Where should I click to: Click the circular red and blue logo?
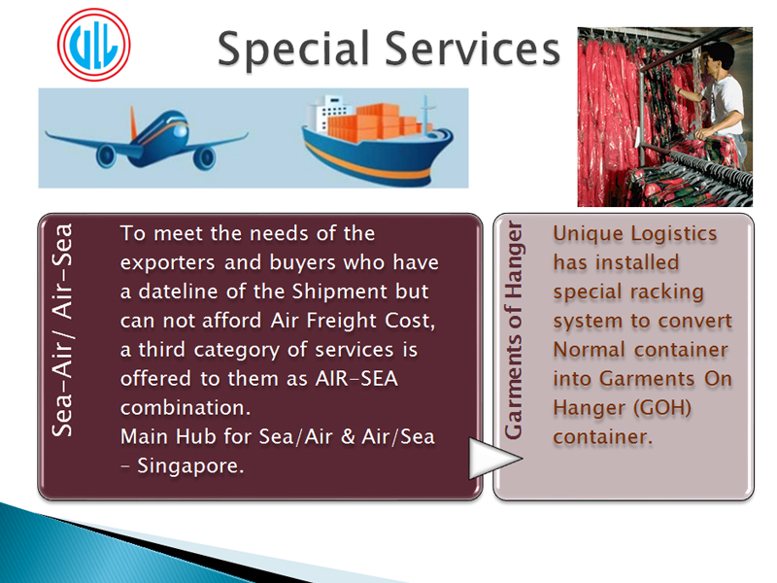click(93, 45)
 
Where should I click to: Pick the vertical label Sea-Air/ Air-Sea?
click(62, 330)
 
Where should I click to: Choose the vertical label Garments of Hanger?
click(514, 330)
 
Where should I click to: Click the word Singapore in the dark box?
click(190, 466)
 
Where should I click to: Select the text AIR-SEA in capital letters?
click(356, 379)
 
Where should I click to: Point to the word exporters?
click(167, 262)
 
